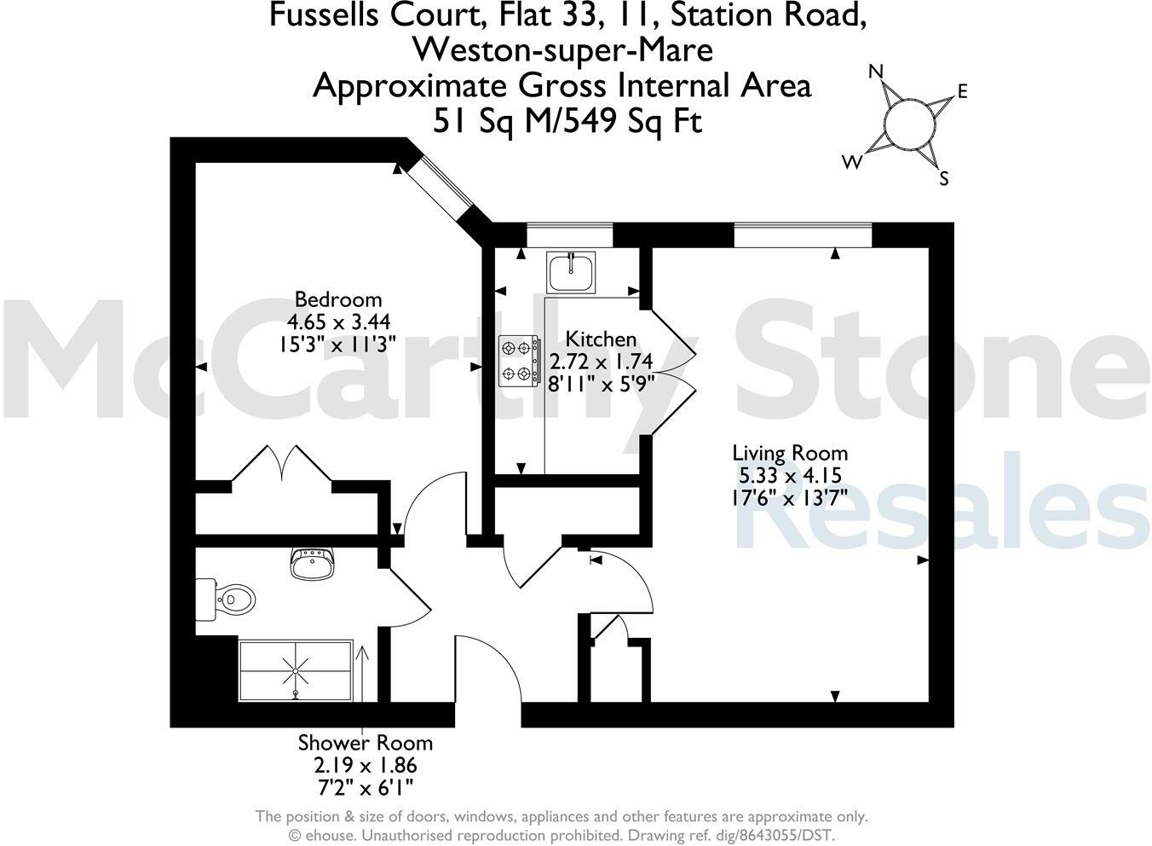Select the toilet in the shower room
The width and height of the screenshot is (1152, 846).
[228, 599]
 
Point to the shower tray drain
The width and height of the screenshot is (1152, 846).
[296, 671]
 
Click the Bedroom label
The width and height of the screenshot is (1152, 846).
[337, 299]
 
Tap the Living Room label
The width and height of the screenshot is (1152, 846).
[790, 453]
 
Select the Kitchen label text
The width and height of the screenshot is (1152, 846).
[601, 339]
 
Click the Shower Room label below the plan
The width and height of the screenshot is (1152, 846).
[365, 743]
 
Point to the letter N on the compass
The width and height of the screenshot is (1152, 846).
[875, 72]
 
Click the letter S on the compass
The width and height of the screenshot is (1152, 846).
[943, 179]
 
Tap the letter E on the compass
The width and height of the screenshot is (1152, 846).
[963, 92]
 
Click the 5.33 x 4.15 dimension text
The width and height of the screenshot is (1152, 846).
[790, 475]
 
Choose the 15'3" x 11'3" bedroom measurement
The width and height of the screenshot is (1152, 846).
[337, 344]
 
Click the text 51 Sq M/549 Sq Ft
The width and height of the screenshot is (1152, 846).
[567, 121]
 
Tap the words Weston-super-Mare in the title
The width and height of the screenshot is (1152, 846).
[562, 49]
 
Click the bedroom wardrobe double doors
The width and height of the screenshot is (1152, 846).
[281, 463]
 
